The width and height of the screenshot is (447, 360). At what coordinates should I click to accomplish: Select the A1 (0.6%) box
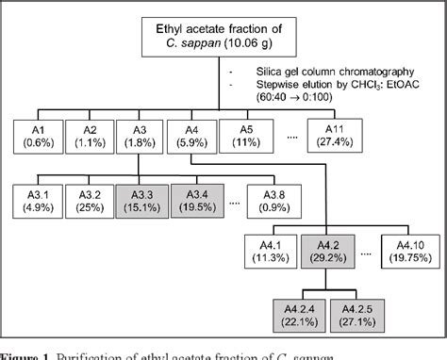[38, 137]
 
